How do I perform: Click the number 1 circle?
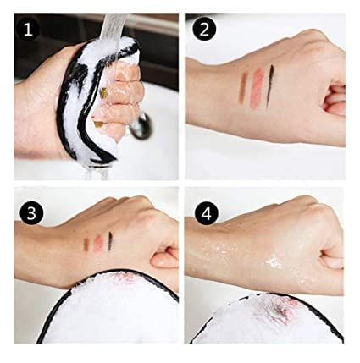coord(30,32)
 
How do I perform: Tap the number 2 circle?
coord(203,32)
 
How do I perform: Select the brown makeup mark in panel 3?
coord(86,244)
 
